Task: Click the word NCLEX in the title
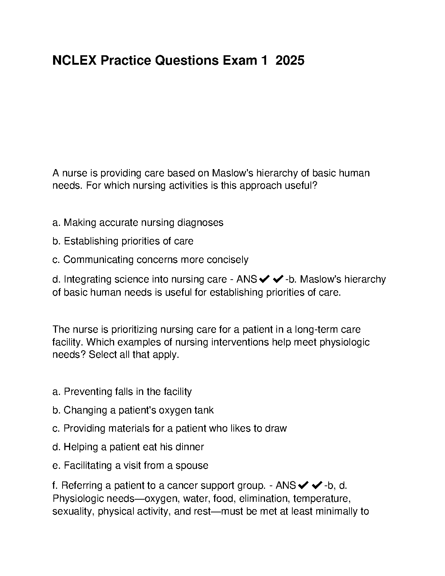pos(75,60)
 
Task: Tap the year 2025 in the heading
pos(290,60)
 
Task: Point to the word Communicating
pos(99,260)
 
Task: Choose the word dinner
pos(189,447)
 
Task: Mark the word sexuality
pos(73,511)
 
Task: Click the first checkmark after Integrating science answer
pos(264,279)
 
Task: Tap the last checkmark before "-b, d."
pos(317,485)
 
